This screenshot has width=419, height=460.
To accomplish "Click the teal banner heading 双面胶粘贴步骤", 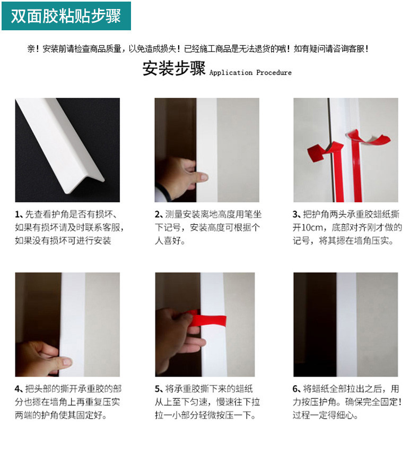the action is coord(66,16).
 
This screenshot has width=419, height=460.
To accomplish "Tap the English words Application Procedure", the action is coord(250,73).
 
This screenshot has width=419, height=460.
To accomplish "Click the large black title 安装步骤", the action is coord(174,69).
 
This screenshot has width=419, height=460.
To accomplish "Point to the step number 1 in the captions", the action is coord(17,215).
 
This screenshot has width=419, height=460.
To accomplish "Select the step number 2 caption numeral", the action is coord(158,215).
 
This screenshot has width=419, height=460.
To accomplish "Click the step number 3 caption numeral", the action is coord(295,215).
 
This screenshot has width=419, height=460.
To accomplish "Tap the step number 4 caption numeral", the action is coord(18,389).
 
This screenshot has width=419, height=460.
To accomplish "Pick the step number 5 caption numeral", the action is coord(158,389).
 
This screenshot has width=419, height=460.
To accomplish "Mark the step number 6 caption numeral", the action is coord(295,389).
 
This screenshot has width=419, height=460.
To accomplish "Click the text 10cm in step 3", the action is coord(312,228).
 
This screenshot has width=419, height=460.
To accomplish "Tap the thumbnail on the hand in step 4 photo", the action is coord(66,361).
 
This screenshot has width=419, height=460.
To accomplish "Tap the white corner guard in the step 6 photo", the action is coord(346,325).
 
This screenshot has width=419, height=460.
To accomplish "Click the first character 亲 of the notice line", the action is coord(31,49).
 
